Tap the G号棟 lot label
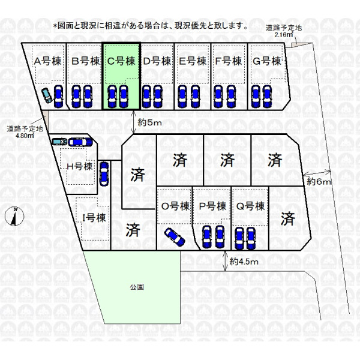tap(268, 61)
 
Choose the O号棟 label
tap(174, 206)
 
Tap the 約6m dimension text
tap(319, 181)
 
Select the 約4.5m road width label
tap(244, 262)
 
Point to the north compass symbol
tap(14, 215)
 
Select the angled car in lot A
tap(47, 97)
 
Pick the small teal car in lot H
tap(59, 142)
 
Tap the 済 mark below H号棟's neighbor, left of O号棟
tap(133, 229)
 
